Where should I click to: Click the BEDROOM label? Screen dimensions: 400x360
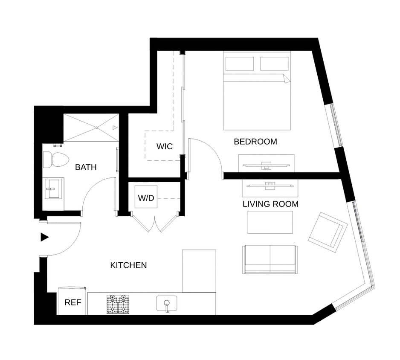pos(255,142)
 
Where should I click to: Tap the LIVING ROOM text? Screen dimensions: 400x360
pos(270,204)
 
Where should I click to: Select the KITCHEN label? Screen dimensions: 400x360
pos(129,265)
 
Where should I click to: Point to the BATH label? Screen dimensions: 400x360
pos(86,167)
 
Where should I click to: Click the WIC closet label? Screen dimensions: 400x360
pos(165,146)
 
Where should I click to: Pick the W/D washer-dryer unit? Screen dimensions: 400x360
pos(146,197)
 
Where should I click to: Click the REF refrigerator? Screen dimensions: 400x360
pos(72,301)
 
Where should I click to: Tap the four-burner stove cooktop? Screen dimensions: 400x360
pos(118,304)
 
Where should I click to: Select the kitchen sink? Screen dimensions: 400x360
pos(167,304)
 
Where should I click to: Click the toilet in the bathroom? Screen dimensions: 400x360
pos(56,160)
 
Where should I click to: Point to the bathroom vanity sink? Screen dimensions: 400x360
pos(53,189)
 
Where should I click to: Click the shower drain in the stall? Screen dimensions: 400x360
pos(97,127)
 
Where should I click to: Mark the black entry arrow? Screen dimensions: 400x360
pos(45,237)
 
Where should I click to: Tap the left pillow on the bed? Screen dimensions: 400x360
pos(240,64)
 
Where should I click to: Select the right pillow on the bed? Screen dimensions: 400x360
pos(275,64)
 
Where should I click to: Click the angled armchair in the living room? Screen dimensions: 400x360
pos(328,232)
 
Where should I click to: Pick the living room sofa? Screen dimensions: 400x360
pos(270,259)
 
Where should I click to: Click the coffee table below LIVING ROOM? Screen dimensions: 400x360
pos(270,222)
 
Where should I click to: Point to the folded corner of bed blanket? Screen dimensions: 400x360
pos(287,78)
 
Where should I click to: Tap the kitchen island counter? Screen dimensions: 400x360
pos(199,271)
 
